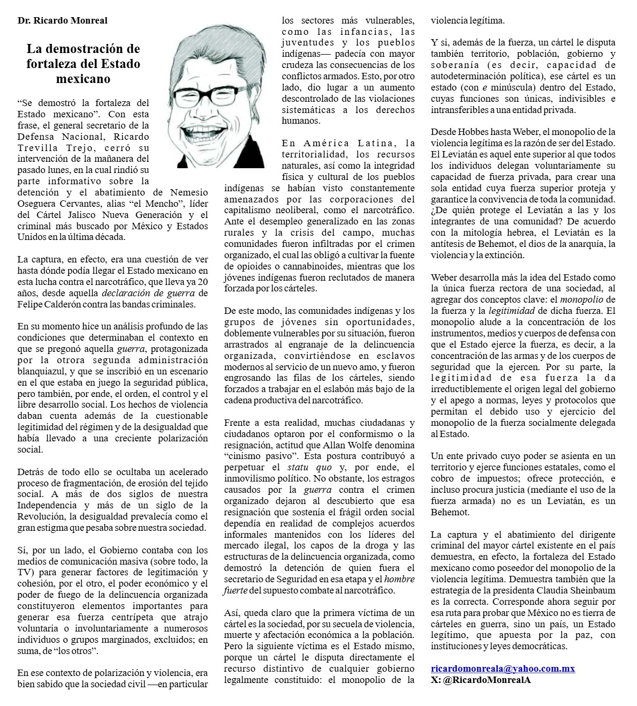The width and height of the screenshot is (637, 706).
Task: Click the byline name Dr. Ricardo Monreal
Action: click(62, 20)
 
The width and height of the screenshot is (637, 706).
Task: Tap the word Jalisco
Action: click(89, 214)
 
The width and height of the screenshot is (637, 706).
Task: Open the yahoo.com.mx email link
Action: click(503, 669)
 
